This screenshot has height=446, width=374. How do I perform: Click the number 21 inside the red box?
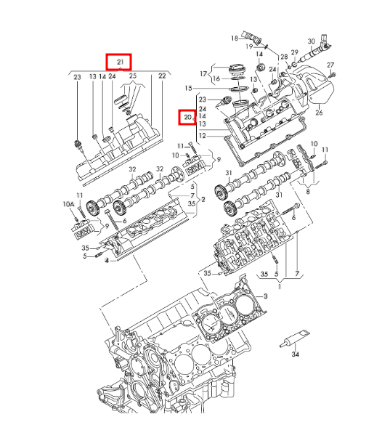click(x=121, y=62)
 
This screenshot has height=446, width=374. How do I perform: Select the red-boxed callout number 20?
click(x=187, y=117)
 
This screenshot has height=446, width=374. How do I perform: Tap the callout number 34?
click(x=296, y=354)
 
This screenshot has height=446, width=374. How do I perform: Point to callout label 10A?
click(x=68, y=203)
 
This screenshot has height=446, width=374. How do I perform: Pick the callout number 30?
click(x=312, y=41)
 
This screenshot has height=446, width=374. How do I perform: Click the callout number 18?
click(x=235, y=38)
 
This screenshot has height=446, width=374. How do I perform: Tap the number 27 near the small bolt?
click(x=330, y=65)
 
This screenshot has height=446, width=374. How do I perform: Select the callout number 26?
click(x=319, y=113)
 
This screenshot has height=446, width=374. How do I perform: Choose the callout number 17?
click(x=203, y=74)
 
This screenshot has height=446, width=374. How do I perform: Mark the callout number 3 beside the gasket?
click(x=265, y=296)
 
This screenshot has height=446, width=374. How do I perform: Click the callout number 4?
click(x=107, y=261)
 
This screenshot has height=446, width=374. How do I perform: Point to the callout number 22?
click(x=162, y=76)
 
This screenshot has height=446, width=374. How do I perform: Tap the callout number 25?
click(x=133, y=76)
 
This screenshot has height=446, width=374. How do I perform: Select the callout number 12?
click(x=202, y=136)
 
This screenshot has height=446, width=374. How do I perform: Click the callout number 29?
click(x=295, y=52)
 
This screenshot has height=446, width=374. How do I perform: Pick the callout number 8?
click(x=308, y=192)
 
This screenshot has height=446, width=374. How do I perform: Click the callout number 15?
click(x=188, y=88)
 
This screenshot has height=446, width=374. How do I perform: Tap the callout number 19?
click(x=249, y=46)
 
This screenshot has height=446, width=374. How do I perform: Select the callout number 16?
click(x=216, y=78)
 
